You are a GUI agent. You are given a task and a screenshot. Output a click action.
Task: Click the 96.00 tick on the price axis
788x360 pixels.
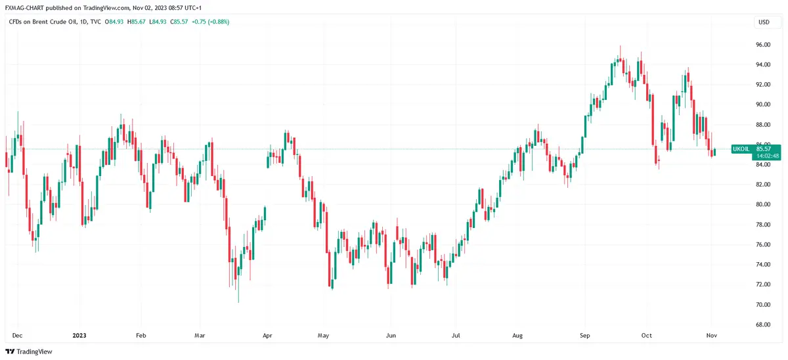pyautogui.click(x=762, y=45)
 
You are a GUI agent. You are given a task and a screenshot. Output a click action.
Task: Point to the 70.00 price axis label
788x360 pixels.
pyautogui.click(x=762, y=305)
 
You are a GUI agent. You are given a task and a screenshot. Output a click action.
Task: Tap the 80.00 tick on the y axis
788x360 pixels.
pyautogui.click(x=762, y=204)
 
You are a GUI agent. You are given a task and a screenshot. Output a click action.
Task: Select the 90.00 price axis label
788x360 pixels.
pyautogui.click(x=762, y=104)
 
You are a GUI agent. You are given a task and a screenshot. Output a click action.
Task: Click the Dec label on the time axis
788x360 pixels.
pyautogui.click(x=18, y=334)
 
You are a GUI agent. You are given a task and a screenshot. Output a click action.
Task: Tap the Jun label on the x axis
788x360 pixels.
pyautogui.click(x=391, y=334)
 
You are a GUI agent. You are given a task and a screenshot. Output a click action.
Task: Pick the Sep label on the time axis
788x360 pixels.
pyautogui.click(x=586, y=334)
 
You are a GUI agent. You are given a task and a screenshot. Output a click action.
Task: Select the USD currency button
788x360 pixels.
pyautogui.click(x=764, y=22)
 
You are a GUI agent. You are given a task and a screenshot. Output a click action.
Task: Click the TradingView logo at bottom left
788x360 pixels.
pyautogui.click(x=29, y=351)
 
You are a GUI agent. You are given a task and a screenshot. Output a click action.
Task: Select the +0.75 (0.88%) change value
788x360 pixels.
pyautogui.click(x=210, y=22)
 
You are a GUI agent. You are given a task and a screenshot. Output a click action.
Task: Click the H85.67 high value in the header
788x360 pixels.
pyautogui.click(x=136, y=22)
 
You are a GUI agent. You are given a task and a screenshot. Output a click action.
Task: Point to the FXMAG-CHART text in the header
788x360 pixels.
pyautogui.click(x=26, y=7)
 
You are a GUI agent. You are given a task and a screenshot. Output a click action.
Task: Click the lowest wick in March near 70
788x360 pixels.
pyautogui.click(x=238, y=296)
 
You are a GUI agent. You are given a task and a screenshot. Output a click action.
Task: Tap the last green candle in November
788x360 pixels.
pyautogui.click(x=714, y=152)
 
